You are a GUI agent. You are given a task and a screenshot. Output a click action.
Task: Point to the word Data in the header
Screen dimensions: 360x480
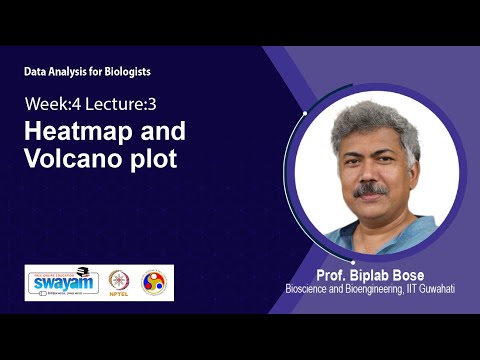35,73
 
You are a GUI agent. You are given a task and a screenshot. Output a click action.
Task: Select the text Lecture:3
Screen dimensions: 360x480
115,103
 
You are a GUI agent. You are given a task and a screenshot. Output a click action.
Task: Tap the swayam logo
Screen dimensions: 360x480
62,282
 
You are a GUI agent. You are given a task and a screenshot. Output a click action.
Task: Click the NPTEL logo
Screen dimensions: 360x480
119,282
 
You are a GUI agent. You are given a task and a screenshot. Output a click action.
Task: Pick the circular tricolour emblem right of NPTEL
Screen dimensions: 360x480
154,282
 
